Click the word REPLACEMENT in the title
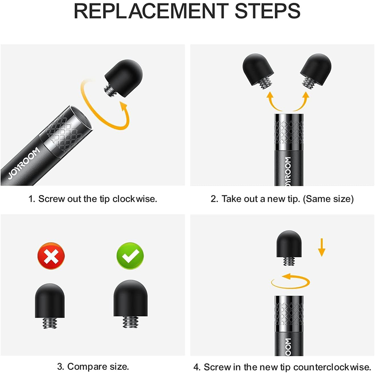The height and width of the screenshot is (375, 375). tap(151, 11)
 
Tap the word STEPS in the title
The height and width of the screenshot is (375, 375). tap(267, 11)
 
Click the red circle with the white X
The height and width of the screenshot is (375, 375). tap(51, 256)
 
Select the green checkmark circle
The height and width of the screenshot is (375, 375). tap(130, 256)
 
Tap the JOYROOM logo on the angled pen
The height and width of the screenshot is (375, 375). tap(23, 163)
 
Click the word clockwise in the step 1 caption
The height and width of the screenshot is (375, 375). tap(135, 199)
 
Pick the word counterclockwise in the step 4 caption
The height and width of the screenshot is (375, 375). tap(332, 367)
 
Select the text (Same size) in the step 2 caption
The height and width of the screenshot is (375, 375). tap(328, 199)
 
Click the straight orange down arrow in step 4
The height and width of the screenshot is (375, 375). tap(322, 247)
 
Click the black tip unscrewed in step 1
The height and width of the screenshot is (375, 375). tap(123, 78)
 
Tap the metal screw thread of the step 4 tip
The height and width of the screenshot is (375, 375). tap(289, 261)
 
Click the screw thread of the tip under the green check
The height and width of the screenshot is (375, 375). tap(130, 322)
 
